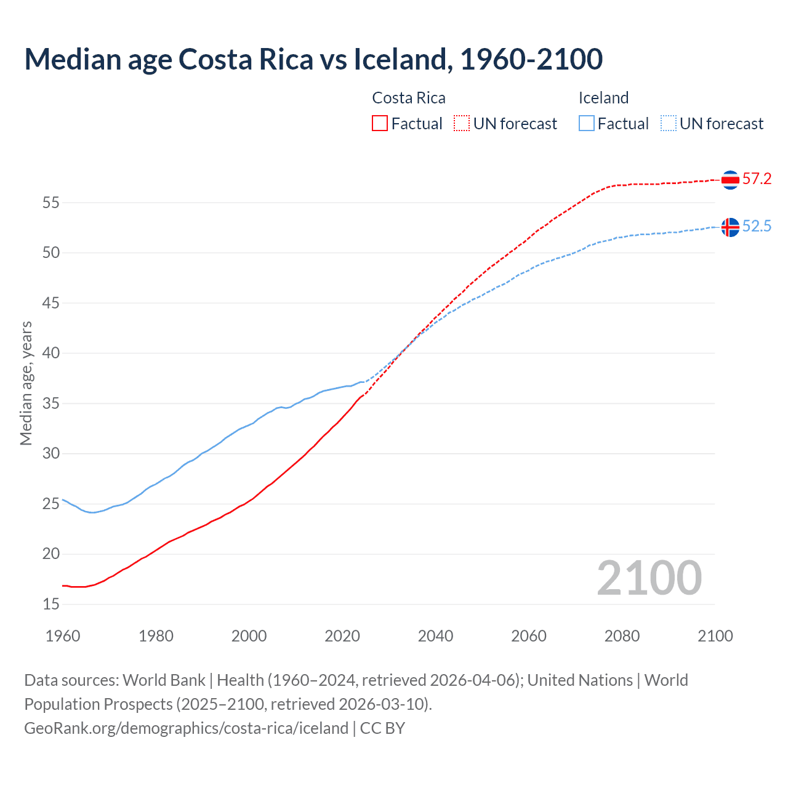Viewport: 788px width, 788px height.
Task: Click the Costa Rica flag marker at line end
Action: tap(730, 180)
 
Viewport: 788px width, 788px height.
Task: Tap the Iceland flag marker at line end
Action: tap(730, 227)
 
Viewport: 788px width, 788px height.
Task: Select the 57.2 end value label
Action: tap(757, 179)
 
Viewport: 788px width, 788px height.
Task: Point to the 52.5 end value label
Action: tap(757, 227)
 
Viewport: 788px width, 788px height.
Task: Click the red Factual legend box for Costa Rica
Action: tap(380, 124)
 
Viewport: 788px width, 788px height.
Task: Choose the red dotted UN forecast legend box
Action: tap(462, 124)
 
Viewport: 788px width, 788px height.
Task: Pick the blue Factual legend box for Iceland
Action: tap(587, 124)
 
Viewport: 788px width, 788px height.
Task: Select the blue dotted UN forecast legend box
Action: tap(669, 124)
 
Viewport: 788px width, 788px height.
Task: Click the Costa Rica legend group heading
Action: tap(409, 98)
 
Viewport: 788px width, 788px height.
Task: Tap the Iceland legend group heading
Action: tap(603, 98)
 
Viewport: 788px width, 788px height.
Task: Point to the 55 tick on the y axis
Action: tap(51, 203)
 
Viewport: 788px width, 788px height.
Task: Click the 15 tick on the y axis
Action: tap(51, 605)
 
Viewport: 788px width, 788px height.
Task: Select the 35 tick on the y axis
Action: tap(51, 404)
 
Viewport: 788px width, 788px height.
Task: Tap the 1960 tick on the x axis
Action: tap(63, 636)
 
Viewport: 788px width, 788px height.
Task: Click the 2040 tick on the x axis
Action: tap(435, 636)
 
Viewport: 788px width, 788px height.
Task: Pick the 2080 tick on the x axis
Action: tap(622, 636)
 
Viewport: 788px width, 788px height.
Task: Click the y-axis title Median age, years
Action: tap(26, 383)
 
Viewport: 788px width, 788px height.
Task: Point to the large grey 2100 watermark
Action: tap(649, 577)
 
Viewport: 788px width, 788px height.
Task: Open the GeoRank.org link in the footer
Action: tap(186, 728)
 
